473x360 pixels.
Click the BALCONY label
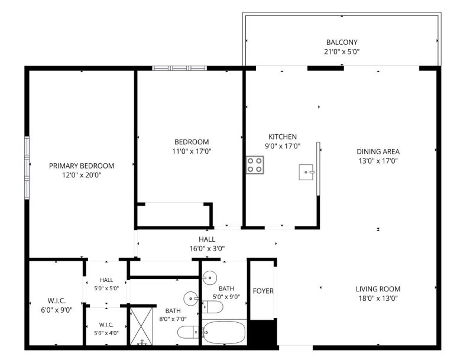pyautogui.click(x=342, y=42)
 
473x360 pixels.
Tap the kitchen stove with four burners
pyautogui.click(x=255, y=165)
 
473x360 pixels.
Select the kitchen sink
pyautogui.click(x=307, y=172)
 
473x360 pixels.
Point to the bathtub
pyautogui.click(x=225, y=332)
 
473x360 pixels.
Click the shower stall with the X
pyautogui.click(x=141, y=326)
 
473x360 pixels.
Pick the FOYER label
pyautogui.click(x=263, y=291)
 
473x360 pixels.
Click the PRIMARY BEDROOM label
pyautogui.click(x=82, y=166)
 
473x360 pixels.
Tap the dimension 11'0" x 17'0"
pyautogui.click(x=192, y=151)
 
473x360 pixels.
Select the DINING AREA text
pyautogui.click(x=378, y=152)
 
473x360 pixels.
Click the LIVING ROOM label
pyautogui.click(x=378, y=289)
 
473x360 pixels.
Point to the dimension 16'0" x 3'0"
pyautogui.click(x=207, y=249)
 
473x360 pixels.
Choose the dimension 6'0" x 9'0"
pyautogui.click(x=57, y=310)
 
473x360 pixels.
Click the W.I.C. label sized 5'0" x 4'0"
pyautogui.click(x=106, y=325)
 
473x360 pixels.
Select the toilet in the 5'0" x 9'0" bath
pyautogui.click(x=212, y=307)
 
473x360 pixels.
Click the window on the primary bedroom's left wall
pyautogui.click(x=27, y=168)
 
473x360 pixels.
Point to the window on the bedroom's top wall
pyautogui.click(x=180, y=68)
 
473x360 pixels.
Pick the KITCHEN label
pyautogui.click(x=283, y=137)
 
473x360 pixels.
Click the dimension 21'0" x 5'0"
pyautogui.click(x=342, y=51)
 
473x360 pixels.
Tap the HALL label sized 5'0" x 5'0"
pyautogui.click(x=106, y=280)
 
